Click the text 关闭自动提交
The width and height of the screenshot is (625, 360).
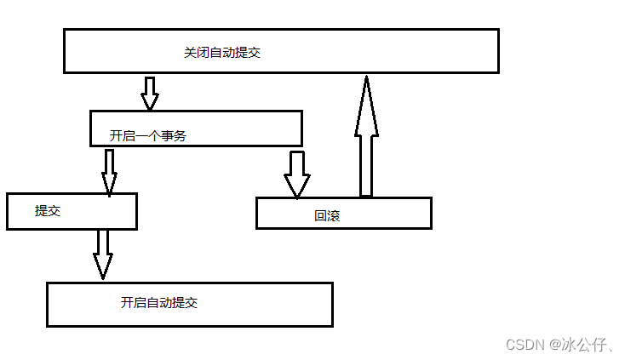(x=221, y=52)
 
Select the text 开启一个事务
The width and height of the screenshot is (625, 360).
(x=147, y=135)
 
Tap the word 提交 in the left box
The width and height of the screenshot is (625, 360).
(x=48, y=211)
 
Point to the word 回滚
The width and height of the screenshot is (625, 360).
(x=327, y=216)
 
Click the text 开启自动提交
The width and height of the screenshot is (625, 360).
(x=159, y=303)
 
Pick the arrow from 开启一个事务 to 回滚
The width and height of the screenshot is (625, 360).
(x=297, y=174)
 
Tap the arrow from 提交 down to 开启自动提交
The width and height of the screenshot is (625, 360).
(x=103, y=254)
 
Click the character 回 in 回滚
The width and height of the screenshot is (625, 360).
(x=321, y=216)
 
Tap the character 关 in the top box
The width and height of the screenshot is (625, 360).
(x=190, y=52)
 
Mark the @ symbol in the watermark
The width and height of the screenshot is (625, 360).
(x=554, y=344)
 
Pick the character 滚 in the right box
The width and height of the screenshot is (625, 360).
(x=334, y=216)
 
